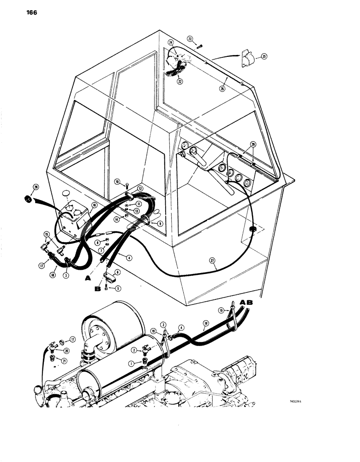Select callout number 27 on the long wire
213,260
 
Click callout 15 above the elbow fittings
47,234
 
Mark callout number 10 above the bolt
117,181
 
